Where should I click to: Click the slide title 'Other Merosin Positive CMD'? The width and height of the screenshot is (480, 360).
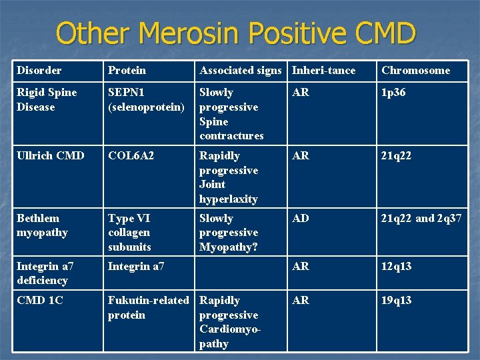(x=237, y=33)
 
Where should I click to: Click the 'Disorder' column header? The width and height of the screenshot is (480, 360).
(x=39, y=70)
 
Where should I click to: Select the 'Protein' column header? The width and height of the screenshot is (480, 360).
(x=127, y=70)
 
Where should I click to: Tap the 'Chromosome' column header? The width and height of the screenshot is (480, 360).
(x=415, y=70)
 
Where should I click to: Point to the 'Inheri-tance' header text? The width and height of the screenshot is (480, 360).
(x=324, y=70)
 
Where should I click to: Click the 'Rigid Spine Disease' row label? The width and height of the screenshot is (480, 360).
(x=47, y=99)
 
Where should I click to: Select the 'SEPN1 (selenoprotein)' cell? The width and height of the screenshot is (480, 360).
(x=146, y=99)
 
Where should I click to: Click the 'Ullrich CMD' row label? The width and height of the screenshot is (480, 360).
(x=51, y=156)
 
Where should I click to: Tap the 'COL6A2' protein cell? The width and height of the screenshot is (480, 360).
(x=131, y=156)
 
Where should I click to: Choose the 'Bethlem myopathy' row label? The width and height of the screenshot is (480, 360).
(x=43, y=225)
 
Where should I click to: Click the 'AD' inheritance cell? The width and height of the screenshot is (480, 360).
(x=301, y=219)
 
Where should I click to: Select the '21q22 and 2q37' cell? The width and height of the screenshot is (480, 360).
(x=421, y=219)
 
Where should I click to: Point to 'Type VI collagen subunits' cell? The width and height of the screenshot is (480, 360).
(x=130, y=232)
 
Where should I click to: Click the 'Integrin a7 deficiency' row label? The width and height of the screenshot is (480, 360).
(x=45, y=273)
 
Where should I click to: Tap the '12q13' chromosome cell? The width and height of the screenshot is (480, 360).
(x=396, y=267)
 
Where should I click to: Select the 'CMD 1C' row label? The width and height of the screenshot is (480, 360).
(x=40, y=301)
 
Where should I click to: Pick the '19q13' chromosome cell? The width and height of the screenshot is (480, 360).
(x=396, y=301)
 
